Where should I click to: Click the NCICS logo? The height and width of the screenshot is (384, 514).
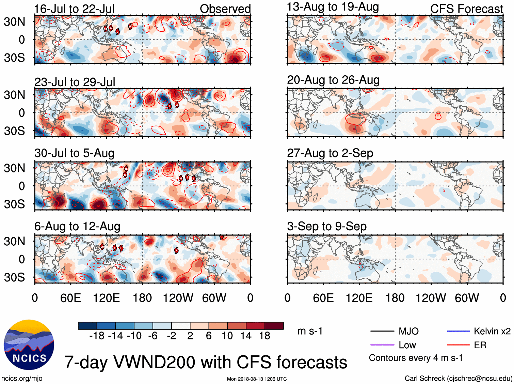29,344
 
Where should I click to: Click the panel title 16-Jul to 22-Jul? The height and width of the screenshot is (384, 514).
74,9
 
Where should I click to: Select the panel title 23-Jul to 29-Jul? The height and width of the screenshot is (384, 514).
75,82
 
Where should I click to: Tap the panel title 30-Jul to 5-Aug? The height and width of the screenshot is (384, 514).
74,153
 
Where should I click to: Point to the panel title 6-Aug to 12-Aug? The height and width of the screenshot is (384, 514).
77,226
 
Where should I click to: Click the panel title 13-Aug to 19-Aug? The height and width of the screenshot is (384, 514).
333,7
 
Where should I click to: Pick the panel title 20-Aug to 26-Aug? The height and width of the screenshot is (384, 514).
333,80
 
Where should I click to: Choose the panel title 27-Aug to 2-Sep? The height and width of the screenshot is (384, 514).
330,153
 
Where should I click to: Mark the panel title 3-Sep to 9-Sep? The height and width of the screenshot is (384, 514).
326,226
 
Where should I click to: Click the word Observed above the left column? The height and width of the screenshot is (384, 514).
225,9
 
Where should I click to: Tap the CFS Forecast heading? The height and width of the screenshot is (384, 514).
466,9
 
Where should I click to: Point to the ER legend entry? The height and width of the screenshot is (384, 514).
480,345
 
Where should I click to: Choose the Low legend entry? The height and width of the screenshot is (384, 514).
407,345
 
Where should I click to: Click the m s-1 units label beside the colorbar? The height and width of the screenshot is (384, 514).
310,331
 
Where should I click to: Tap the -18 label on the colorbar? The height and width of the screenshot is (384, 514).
97,336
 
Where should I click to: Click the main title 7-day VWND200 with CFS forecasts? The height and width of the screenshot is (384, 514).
206,362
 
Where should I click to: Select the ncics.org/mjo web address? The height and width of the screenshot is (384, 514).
22,378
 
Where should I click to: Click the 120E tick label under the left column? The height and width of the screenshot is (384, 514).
106,298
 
